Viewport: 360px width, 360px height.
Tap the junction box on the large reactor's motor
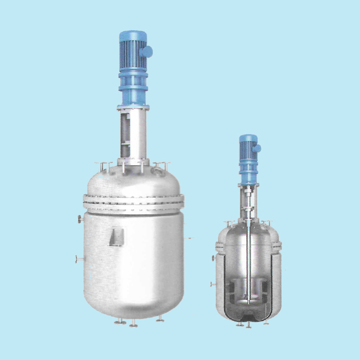tap(147, 51)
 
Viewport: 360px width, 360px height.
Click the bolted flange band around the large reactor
tap(134, 202)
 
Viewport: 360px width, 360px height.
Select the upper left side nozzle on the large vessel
tap(80, 219)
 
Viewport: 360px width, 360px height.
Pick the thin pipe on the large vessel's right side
tap(189, 238)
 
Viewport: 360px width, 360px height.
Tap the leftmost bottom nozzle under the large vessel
tap(118, 322)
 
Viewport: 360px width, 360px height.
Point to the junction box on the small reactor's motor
tap(257, 148)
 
